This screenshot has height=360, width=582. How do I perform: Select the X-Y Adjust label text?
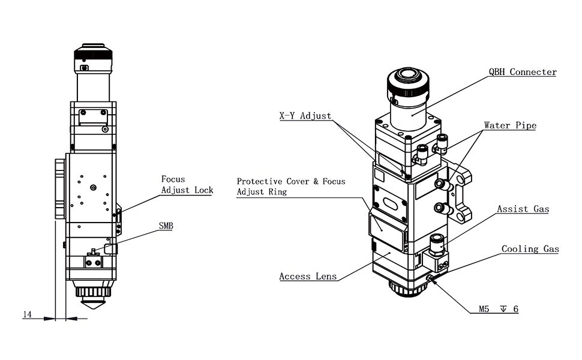coord(305,116)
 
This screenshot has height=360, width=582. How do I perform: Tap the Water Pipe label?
coord(510,125)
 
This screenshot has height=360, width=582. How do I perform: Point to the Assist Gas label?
coord(523,209)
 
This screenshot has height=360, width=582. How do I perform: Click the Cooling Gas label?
coord(530,249)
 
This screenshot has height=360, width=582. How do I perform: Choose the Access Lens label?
coord(308,277)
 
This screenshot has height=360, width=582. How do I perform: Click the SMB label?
coord(166,226)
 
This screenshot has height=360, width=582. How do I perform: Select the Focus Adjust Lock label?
coord(187,185)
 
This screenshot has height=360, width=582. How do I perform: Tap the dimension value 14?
coord(27,314)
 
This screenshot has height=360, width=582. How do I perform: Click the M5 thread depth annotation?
coord(497,310)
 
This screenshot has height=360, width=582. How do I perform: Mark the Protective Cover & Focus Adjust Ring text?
coord(291,187)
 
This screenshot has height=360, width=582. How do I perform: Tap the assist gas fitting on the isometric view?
coord(436,241)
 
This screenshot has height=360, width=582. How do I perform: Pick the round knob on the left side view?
coord(59,189)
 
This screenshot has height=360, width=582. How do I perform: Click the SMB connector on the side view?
coord(111,247)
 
